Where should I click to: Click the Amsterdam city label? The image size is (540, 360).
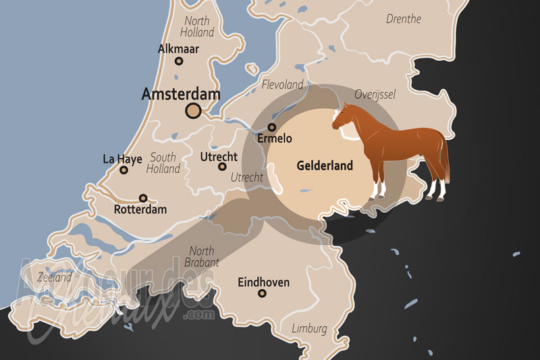click(180, 95)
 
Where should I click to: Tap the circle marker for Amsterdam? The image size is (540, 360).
click(194, 111)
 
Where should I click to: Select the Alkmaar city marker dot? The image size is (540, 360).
click(179, 61)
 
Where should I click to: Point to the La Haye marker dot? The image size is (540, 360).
click(124, 170)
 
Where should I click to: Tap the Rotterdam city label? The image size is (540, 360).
click(140, 209)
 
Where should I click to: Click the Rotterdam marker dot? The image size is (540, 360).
click(143, 198)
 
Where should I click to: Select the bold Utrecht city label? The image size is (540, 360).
click(219, 157)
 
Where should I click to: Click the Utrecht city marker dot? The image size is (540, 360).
click(222, 166)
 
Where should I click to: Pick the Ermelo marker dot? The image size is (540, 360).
click(272, 127)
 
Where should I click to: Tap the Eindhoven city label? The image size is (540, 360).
click(263, 282)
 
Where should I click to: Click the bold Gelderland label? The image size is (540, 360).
click(325, 165)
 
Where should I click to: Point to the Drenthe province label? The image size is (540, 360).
click(404, 19)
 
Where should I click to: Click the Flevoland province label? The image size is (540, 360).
click(282, 85)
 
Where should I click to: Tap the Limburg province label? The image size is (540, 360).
click(309, 329)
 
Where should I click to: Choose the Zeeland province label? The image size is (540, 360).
click(54, 277)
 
